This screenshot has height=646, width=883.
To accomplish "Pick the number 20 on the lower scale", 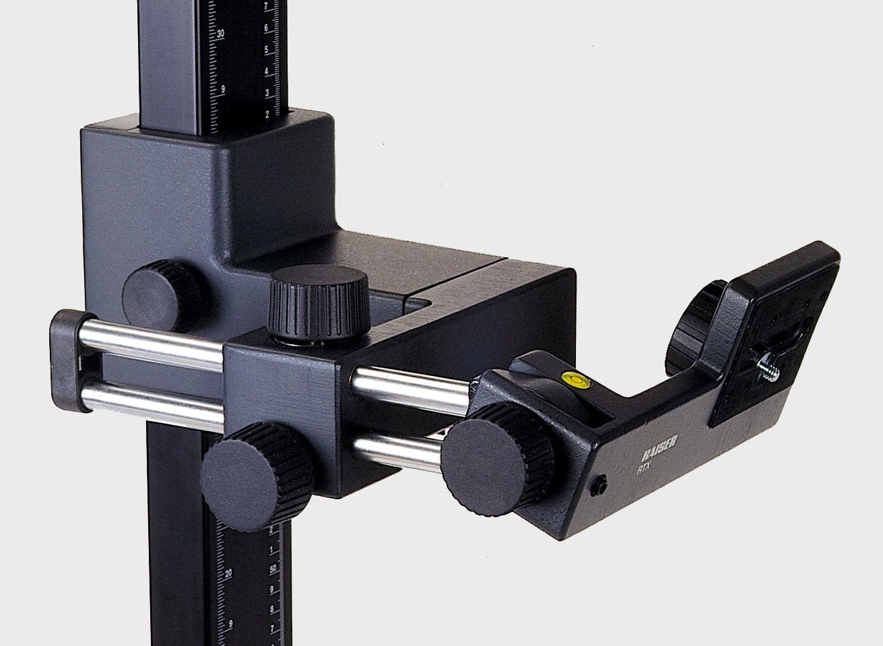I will point(228,573).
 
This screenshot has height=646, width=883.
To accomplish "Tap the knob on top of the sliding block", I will point(318,294).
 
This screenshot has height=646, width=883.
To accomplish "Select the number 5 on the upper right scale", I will point(267,51).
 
